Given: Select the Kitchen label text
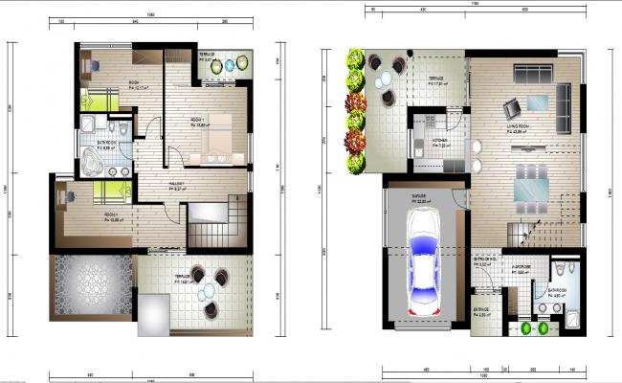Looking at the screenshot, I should [x=439, y=141].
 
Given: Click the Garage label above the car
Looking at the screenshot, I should [x=420, y=200].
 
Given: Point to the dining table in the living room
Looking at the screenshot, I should [x=529, y=186].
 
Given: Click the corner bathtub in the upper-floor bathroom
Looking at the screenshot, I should [x=95, y=162].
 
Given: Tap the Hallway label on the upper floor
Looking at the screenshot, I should [x=176, y=185].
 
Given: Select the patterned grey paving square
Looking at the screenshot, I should [x=94, y=286].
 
